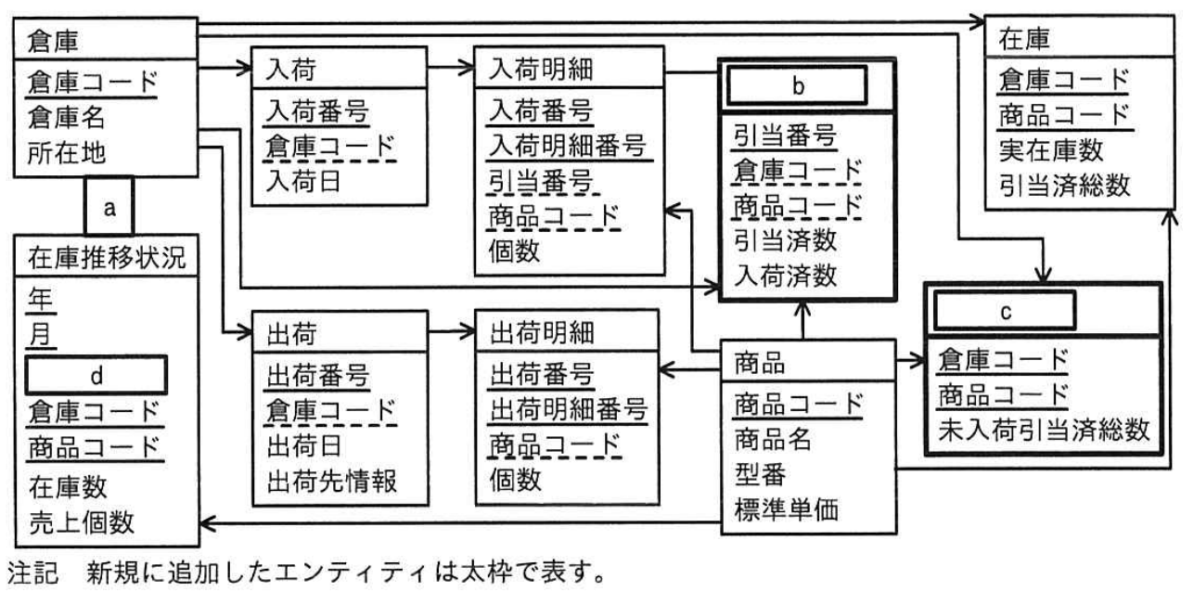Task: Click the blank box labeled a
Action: [x=109, y=206]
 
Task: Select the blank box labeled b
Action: [x=797, y=85]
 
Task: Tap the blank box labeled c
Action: [x=1005, y=311]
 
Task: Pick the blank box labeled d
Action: [x=96, y=376]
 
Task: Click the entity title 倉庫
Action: [x=53, y=41]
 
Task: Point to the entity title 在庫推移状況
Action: [x=107, y=258]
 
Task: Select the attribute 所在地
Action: [x=67, y=153]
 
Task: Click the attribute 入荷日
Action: [x=302, y=181]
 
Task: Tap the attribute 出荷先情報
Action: [x=331, y=481]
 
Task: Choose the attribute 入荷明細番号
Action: [x=567, y=145]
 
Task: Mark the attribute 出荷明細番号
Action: [x=568, y=409]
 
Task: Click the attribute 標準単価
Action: [x=786, y=509]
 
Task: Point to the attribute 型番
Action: [x=760, y=474]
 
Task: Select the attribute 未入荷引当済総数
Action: [x=1044, y=430]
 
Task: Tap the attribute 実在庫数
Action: [x=1050, y=151]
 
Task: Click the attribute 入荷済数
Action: [x=785, y=276]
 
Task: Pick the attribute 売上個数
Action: [x=82, y=522]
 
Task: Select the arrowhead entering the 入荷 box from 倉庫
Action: [x=244, y=68]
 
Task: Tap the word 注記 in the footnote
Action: [x=32, y=573]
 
